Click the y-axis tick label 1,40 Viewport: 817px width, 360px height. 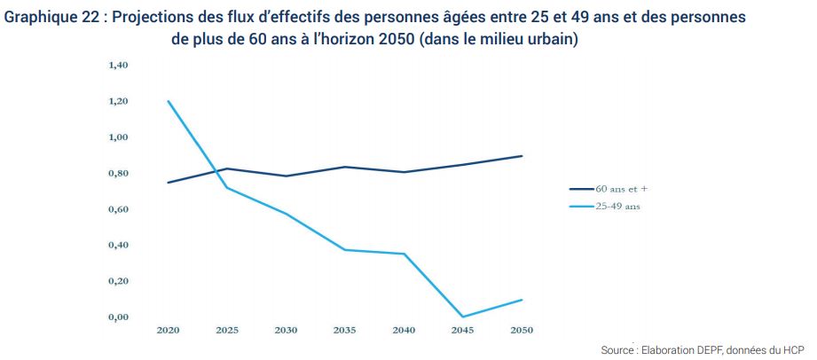pyautogui.click(x=118, y=66)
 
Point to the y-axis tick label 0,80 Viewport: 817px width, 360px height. pyautogui.click(x=118, y=174)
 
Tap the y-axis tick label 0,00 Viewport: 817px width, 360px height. pyautogui.click(x=118, y=317)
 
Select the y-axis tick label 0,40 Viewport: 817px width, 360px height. pyautogui.click(x=118, y=246)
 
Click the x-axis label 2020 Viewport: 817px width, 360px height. pyautogui.click(x=168, y=330)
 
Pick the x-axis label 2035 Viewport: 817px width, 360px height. pyautogui.click(x=344, y=330)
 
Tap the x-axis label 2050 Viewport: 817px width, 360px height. pyautogui.click(x=521, y=330)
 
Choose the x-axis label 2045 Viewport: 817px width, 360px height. pyautogui.click(x=462, y=330)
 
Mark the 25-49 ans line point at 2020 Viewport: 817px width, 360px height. pyautogui.click(x=168, y=101)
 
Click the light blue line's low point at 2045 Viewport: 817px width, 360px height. pyautogui.click(x=462, y=317)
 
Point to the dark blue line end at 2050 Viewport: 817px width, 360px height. pyautogui.click(x=521, y=156)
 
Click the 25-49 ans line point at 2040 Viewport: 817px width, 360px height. pyautogui.click(x=404, y=254)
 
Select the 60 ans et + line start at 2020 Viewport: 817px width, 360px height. pyautogui.click(x=168, y=183)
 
